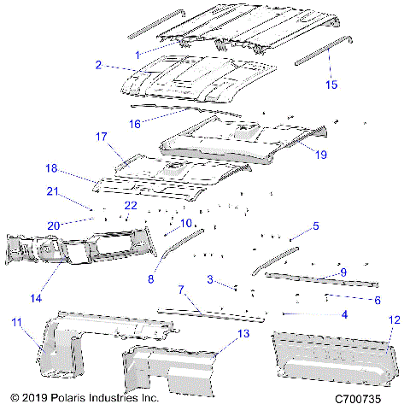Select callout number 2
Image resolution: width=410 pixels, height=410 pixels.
coord(99,65)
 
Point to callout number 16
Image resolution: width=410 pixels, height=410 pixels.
coord(134,124)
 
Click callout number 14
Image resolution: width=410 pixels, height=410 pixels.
coord(35,298)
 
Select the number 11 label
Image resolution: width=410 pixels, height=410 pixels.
coord(15,321)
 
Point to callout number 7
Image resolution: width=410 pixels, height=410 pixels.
coord(181,292)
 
